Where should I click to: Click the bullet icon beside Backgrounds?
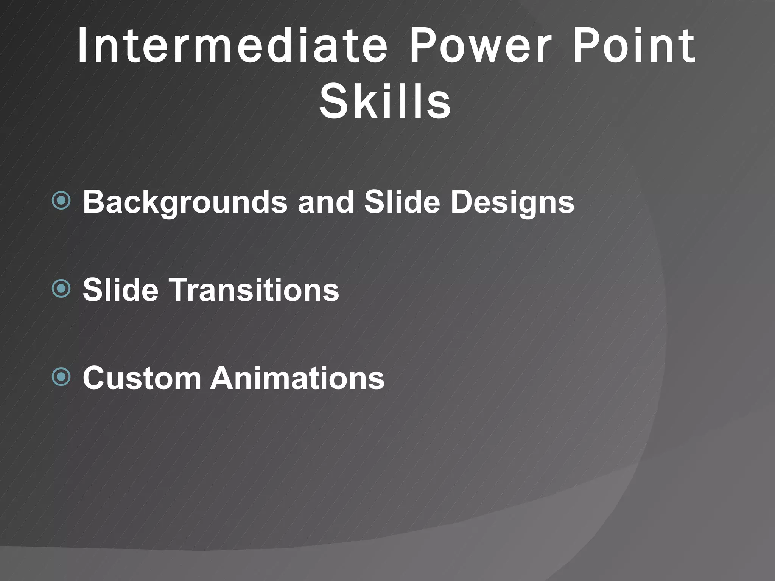click(61, 200)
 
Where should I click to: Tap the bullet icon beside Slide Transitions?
click(61, 289)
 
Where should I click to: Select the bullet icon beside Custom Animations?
click(61, 377)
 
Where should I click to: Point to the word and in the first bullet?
click(325, 202)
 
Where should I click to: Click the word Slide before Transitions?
click(120, 290)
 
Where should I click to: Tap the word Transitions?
click(254, 290)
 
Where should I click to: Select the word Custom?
click(142, 378)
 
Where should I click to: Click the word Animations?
click(297, 378)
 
